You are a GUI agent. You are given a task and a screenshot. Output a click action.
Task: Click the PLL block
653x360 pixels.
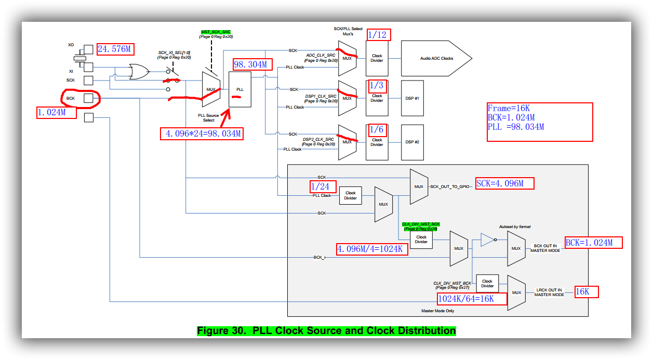(x=239, y=89)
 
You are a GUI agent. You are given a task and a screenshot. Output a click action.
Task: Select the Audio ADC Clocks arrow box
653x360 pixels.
(x=436, y=58)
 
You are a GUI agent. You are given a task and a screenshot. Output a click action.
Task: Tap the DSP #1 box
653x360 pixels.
(x=412, y=98)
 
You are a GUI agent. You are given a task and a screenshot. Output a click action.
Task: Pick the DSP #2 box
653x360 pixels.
(x=412, y=142)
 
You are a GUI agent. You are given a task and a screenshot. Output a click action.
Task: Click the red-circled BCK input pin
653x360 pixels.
(x=88, y=98)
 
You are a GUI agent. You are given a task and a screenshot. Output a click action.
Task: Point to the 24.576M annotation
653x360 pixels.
(x=115, y=49)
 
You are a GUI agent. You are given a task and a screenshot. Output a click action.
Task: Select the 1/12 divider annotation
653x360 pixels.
(x=378, y=35)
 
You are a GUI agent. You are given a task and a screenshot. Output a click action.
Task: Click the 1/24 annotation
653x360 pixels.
(x=323, y=186)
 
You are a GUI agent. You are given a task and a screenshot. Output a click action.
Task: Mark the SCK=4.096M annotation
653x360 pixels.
(x=503, y=183)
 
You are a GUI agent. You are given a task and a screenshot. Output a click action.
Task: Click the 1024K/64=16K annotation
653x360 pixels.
(x=472, y=299)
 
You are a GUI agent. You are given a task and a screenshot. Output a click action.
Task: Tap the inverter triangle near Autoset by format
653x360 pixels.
(x=488, y=239)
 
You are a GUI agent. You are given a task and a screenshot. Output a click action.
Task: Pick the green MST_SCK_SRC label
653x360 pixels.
(x=216, y=32)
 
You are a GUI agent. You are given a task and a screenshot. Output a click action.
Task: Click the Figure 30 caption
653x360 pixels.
(x=326, y=331)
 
